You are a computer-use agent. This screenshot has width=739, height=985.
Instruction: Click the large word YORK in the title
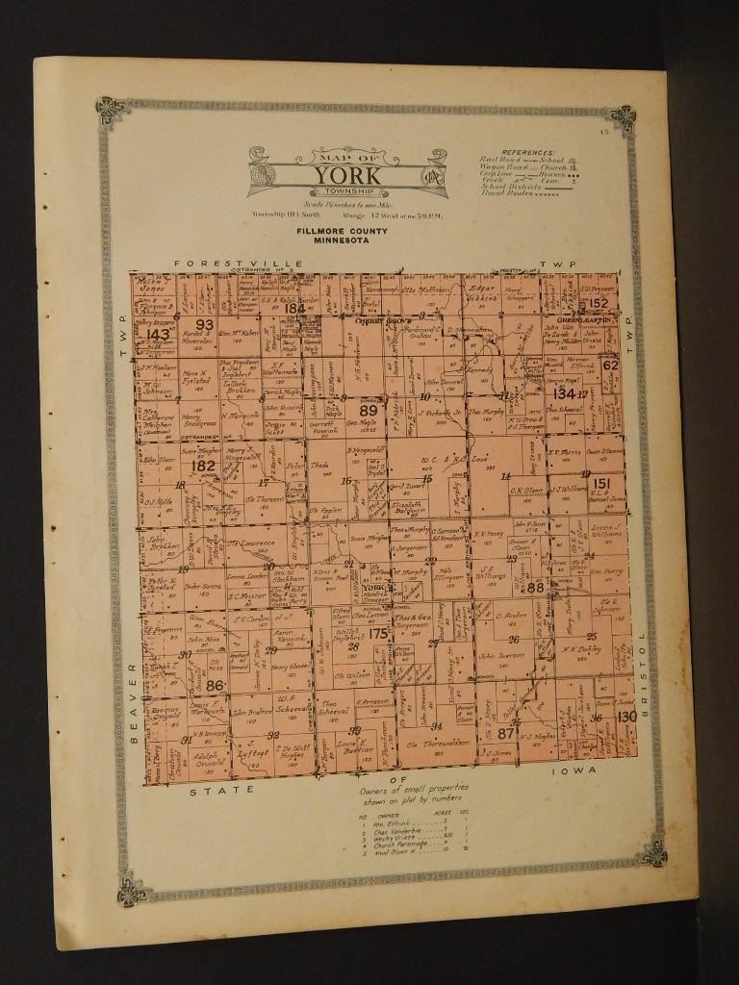346,176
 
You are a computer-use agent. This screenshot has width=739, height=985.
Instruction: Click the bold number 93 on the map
204,324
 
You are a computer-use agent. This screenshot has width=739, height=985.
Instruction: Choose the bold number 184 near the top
294,309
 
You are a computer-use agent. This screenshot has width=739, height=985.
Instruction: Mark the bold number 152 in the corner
599,304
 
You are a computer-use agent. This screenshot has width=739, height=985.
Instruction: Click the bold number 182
203,467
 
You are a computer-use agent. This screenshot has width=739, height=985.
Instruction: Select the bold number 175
379,633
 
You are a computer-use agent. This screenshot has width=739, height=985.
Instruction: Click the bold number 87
506,734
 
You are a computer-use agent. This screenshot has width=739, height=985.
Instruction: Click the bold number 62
610,365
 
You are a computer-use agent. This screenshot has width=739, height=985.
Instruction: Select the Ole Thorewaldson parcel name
438,743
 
